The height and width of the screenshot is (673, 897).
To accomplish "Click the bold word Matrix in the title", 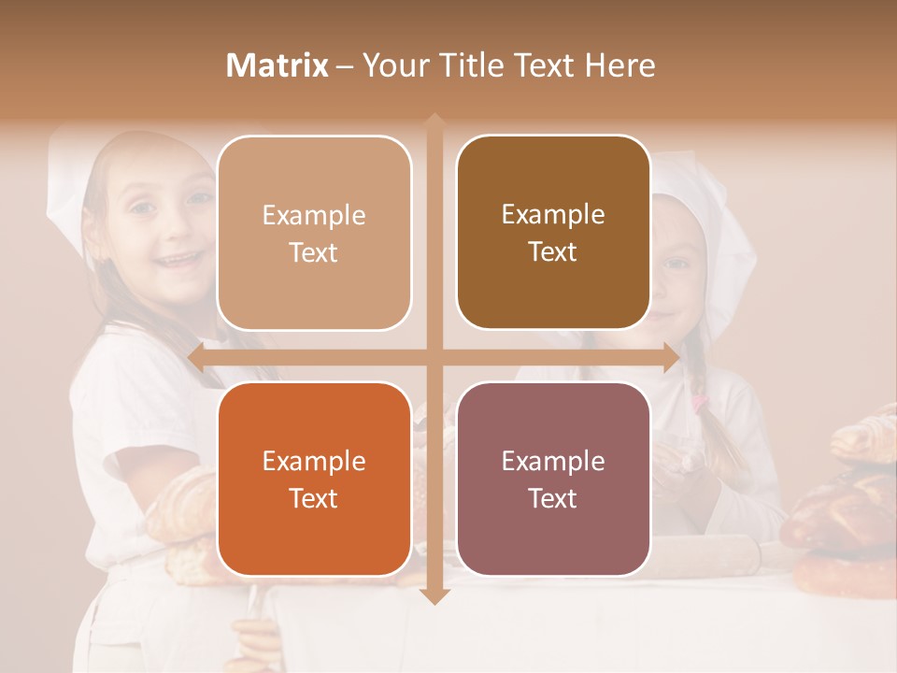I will (x=278, y=65).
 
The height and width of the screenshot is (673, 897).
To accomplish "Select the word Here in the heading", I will (x=619, y=65).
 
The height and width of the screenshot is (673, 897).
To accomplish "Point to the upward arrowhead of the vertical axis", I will (x=434, y=122).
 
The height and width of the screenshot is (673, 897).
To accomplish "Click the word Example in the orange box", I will (x=314, y=461).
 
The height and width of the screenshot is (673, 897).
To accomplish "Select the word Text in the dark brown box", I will (x=553, y=252).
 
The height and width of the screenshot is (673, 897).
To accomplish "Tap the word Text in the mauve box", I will (x=553, y=498).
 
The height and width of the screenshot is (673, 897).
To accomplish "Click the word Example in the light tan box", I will (x=314, y=215).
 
